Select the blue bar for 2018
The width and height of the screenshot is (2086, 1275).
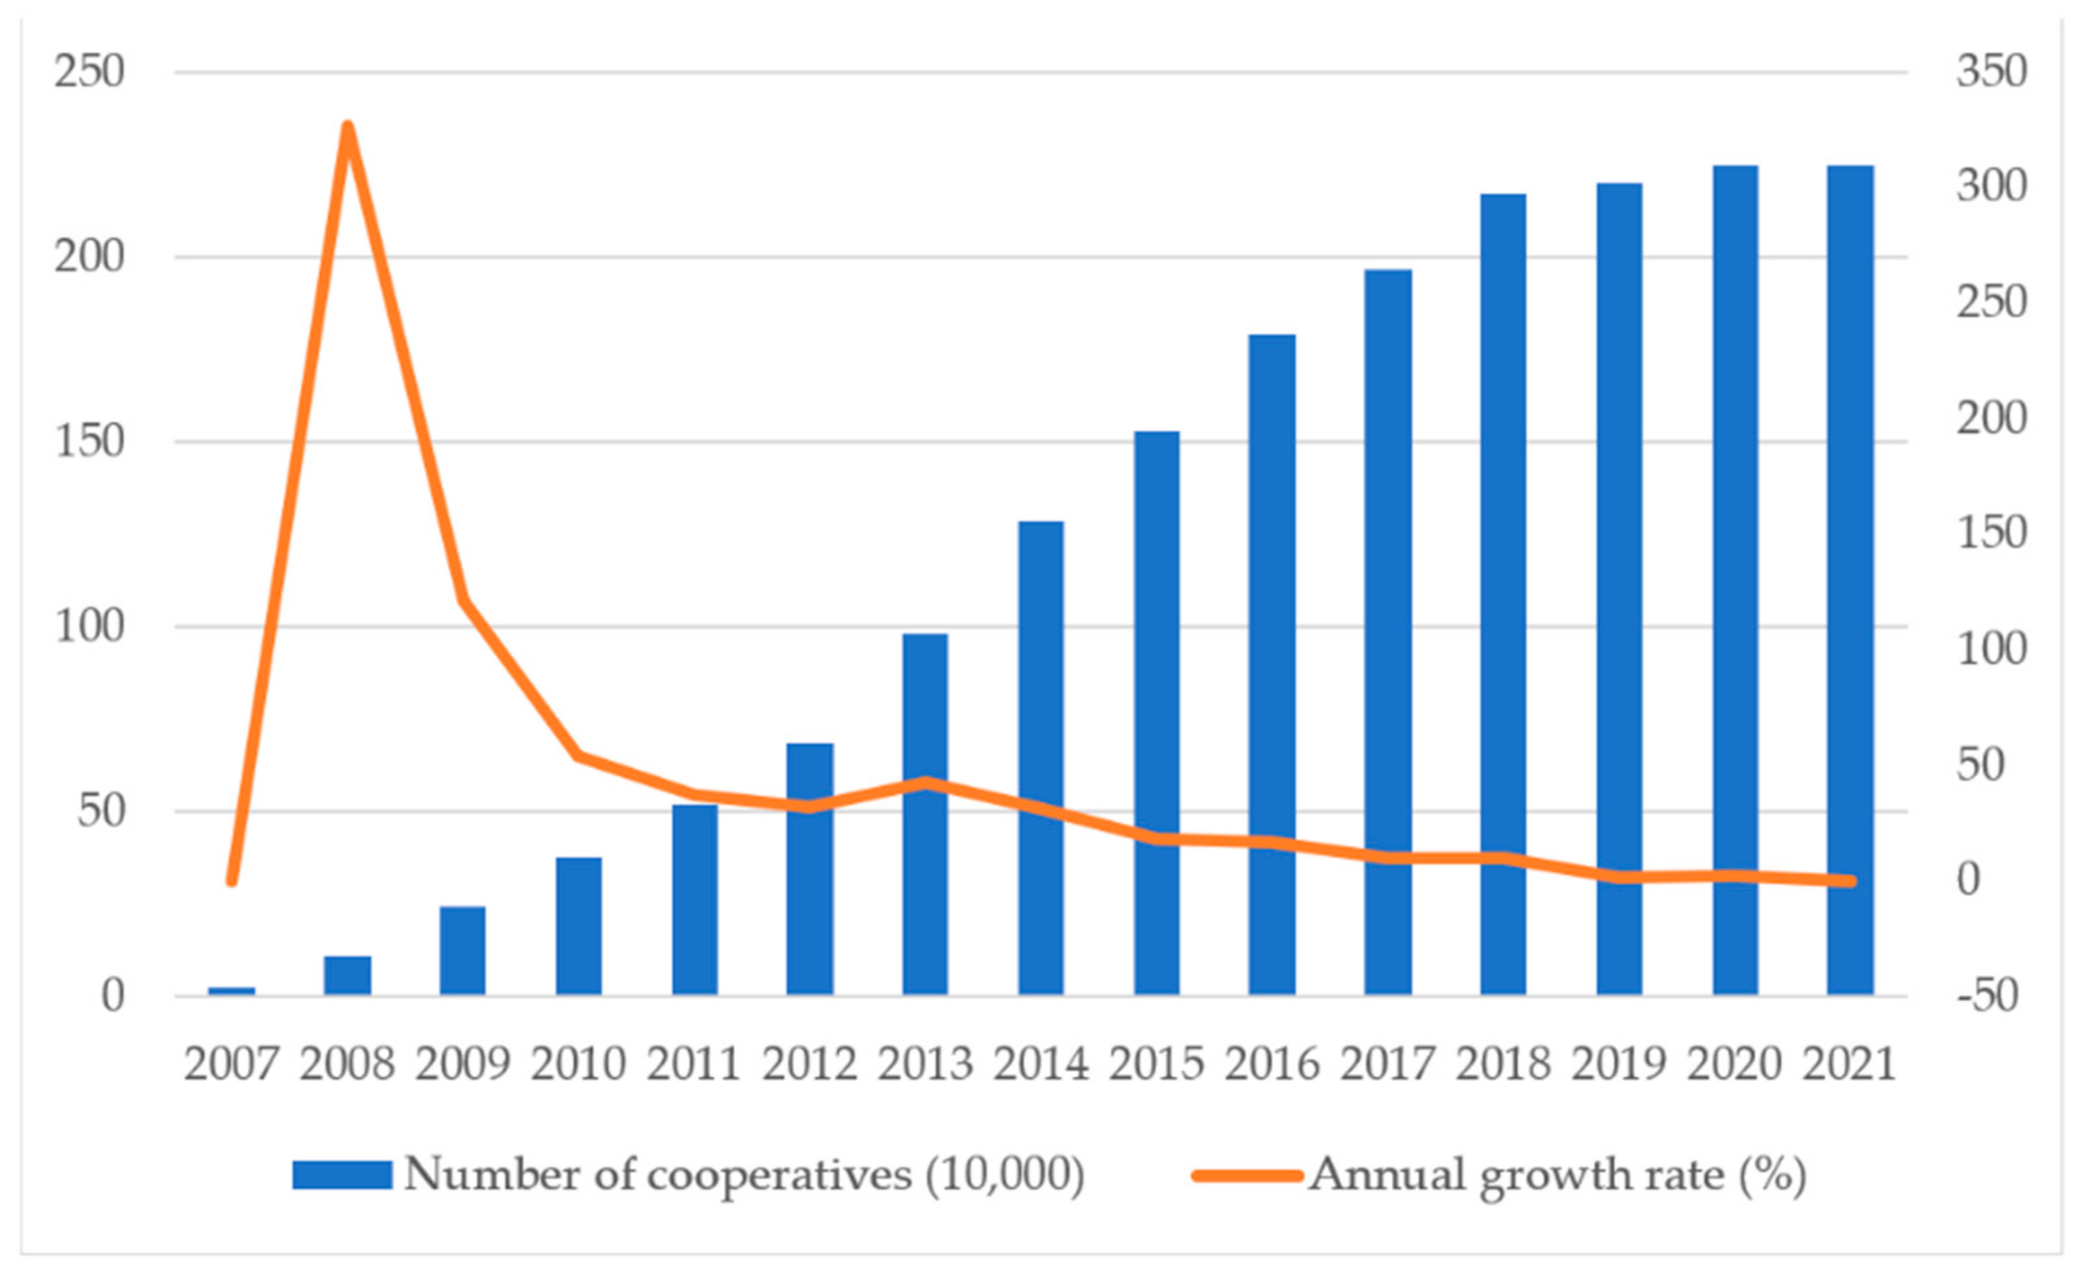1503,593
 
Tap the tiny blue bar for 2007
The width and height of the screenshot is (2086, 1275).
231,990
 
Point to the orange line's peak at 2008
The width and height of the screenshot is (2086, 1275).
347,127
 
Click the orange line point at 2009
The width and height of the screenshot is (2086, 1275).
463,601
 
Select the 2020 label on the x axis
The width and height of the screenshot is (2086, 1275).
1734,1064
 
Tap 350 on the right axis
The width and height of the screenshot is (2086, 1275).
1991,72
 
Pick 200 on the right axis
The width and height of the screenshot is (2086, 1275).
1991,419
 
